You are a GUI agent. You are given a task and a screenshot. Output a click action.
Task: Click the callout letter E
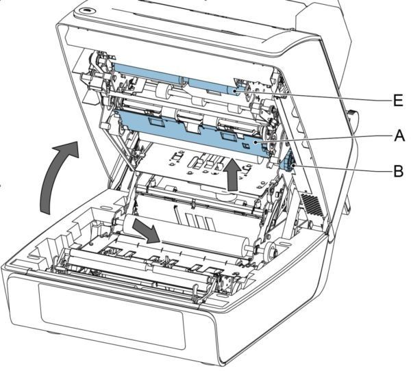[x=398, y=101]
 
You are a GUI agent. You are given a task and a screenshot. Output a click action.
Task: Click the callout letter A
[x=399, y=136]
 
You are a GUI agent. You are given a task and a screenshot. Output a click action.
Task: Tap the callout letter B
[x=399, y=171]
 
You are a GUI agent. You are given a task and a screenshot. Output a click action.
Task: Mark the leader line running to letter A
[x=324, y=138]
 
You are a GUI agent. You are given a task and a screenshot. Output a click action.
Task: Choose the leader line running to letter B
[x=343, y=168]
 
